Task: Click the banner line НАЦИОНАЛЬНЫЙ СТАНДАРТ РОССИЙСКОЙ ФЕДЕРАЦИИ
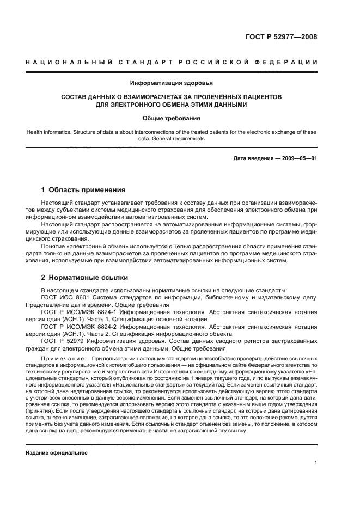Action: tap(172, 62)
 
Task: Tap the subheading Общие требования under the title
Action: tap(172, 118)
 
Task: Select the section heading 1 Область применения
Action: tap(83, 190)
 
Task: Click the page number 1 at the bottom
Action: tap(315, 463)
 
